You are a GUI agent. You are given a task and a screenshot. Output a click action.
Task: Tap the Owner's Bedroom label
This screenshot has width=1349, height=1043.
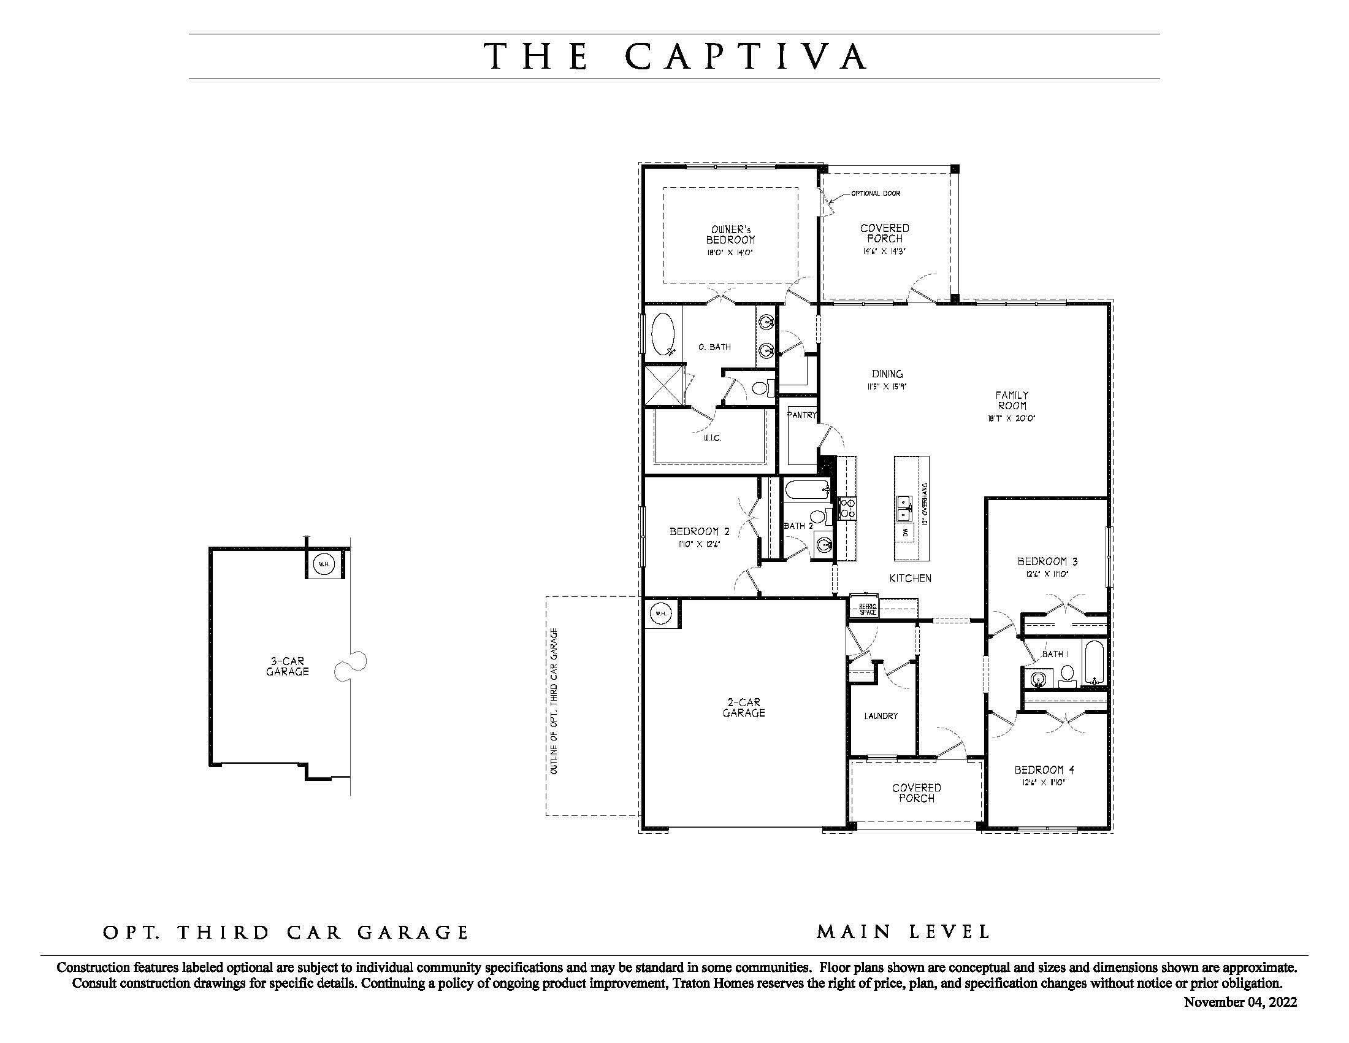click(x=730, y=235)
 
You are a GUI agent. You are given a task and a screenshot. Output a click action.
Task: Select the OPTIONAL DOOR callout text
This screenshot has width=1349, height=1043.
click(x=875, y=193)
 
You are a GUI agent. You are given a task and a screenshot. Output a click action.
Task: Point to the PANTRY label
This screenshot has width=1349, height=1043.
click(x=802, y=415)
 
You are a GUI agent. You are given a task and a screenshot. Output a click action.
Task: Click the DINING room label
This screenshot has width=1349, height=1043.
click(x=887, y=374)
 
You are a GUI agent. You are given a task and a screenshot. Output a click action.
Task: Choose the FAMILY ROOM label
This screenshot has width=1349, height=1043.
click(x=1012, y=401)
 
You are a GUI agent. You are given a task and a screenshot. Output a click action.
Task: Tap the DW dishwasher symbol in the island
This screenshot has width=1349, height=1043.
click(x=906, y=532)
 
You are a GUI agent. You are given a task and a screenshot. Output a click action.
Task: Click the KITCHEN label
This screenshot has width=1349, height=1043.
click(x=910, y=579)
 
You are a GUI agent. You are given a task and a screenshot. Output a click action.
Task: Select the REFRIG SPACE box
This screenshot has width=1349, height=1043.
click(x=867, y=609)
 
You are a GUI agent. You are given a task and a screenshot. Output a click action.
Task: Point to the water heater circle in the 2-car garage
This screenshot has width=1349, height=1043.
click(x=660, y=614)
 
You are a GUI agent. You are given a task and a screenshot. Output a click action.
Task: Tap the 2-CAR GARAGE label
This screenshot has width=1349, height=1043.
click(x=744, y=707)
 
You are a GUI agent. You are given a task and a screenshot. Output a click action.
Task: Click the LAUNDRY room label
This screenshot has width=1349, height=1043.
click(x=881, y=716)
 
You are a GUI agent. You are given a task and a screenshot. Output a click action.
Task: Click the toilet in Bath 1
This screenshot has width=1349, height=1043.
click(x=1067, y=674)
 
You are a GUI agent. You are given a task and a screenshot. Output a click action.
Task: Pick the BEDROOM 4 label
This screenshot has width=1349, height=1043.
click(x=1044, y=770)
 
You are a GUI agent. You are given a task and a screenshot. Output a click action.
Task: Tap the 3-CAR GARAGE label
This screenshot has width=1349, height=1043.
click(x=287, y=666)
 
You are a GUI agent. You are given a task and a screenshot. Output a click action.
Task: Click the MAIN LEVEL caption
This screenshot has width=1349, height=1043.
click(x=903, y=932)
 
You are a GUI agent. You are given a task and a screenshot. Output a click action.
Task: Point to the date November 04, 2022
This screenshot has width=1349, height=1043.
click(x=1240, y=1003)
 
